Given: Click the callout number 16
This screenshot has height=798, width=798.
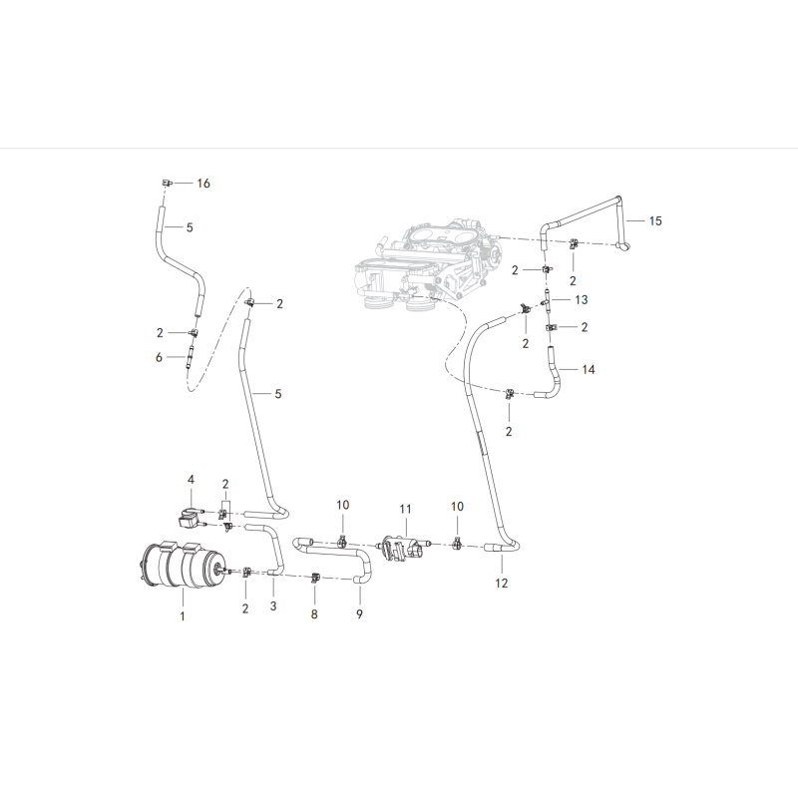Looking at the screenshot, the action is pyautogui.click(x=203, y=184).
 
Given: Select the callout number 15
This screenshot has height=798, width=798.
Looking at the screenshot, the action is pyautogui.click(x=655, y=220).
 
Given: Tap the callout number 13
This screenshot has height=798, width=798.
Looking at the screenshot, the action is pyautogui.click(x=582, y=300).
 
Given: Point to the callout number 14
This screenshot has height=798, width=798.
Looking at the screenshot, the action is pyautogui.click(x=589, y=369).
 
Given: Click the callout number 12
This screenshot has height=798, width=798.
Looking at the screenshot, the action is pyautogui.click(x=502, y=584).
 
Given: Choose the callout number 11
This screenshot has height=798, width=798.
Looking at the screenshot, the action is pyautogui.click(x=405, y=509).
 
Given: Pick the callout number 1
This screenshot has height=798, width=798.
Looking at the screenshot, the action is pyautogui.click(x=183, y=616).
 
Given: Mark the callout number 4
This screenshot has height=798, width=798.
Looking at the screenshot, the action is pyautogui.click(x=191, y=480).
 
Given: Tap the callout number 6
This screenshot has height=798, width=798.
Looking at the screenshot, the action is pyautogui.click(x=159, y=358).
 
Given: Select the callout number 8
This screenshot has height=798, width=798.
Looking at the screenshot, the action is pyautogui.click(x=314, y=614).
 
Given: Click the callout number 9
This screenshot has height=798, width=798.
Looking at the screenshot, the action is pyautogui.click(x=359, y=614).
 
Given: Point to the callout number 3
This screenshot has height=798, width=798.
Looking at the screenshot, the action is pyautogui.click(x=273, y=606).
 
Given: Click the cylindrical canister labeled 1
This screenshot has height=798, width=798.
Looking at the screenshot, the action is pyautogui.click(x=184, y=565).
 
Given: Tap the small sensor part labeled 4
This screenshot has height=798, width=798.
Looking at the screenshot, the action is pyautogui.click(x=191, y=517).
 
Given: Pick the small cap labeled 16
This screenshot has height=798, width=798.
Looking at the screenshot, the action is pyautogui.click(x=167, y=183).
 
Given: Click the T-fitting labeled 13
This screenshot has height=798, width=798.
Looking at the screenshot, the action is pyautogui.click(x=546, y=300).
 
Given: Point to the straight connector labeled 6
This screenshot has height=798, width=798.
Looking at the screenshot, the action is pyautogui.click(x=191, y=356).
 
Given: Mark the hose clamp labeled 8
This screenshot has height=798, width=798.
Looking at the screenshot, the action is pyautogui.click(x=315, y=578).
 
